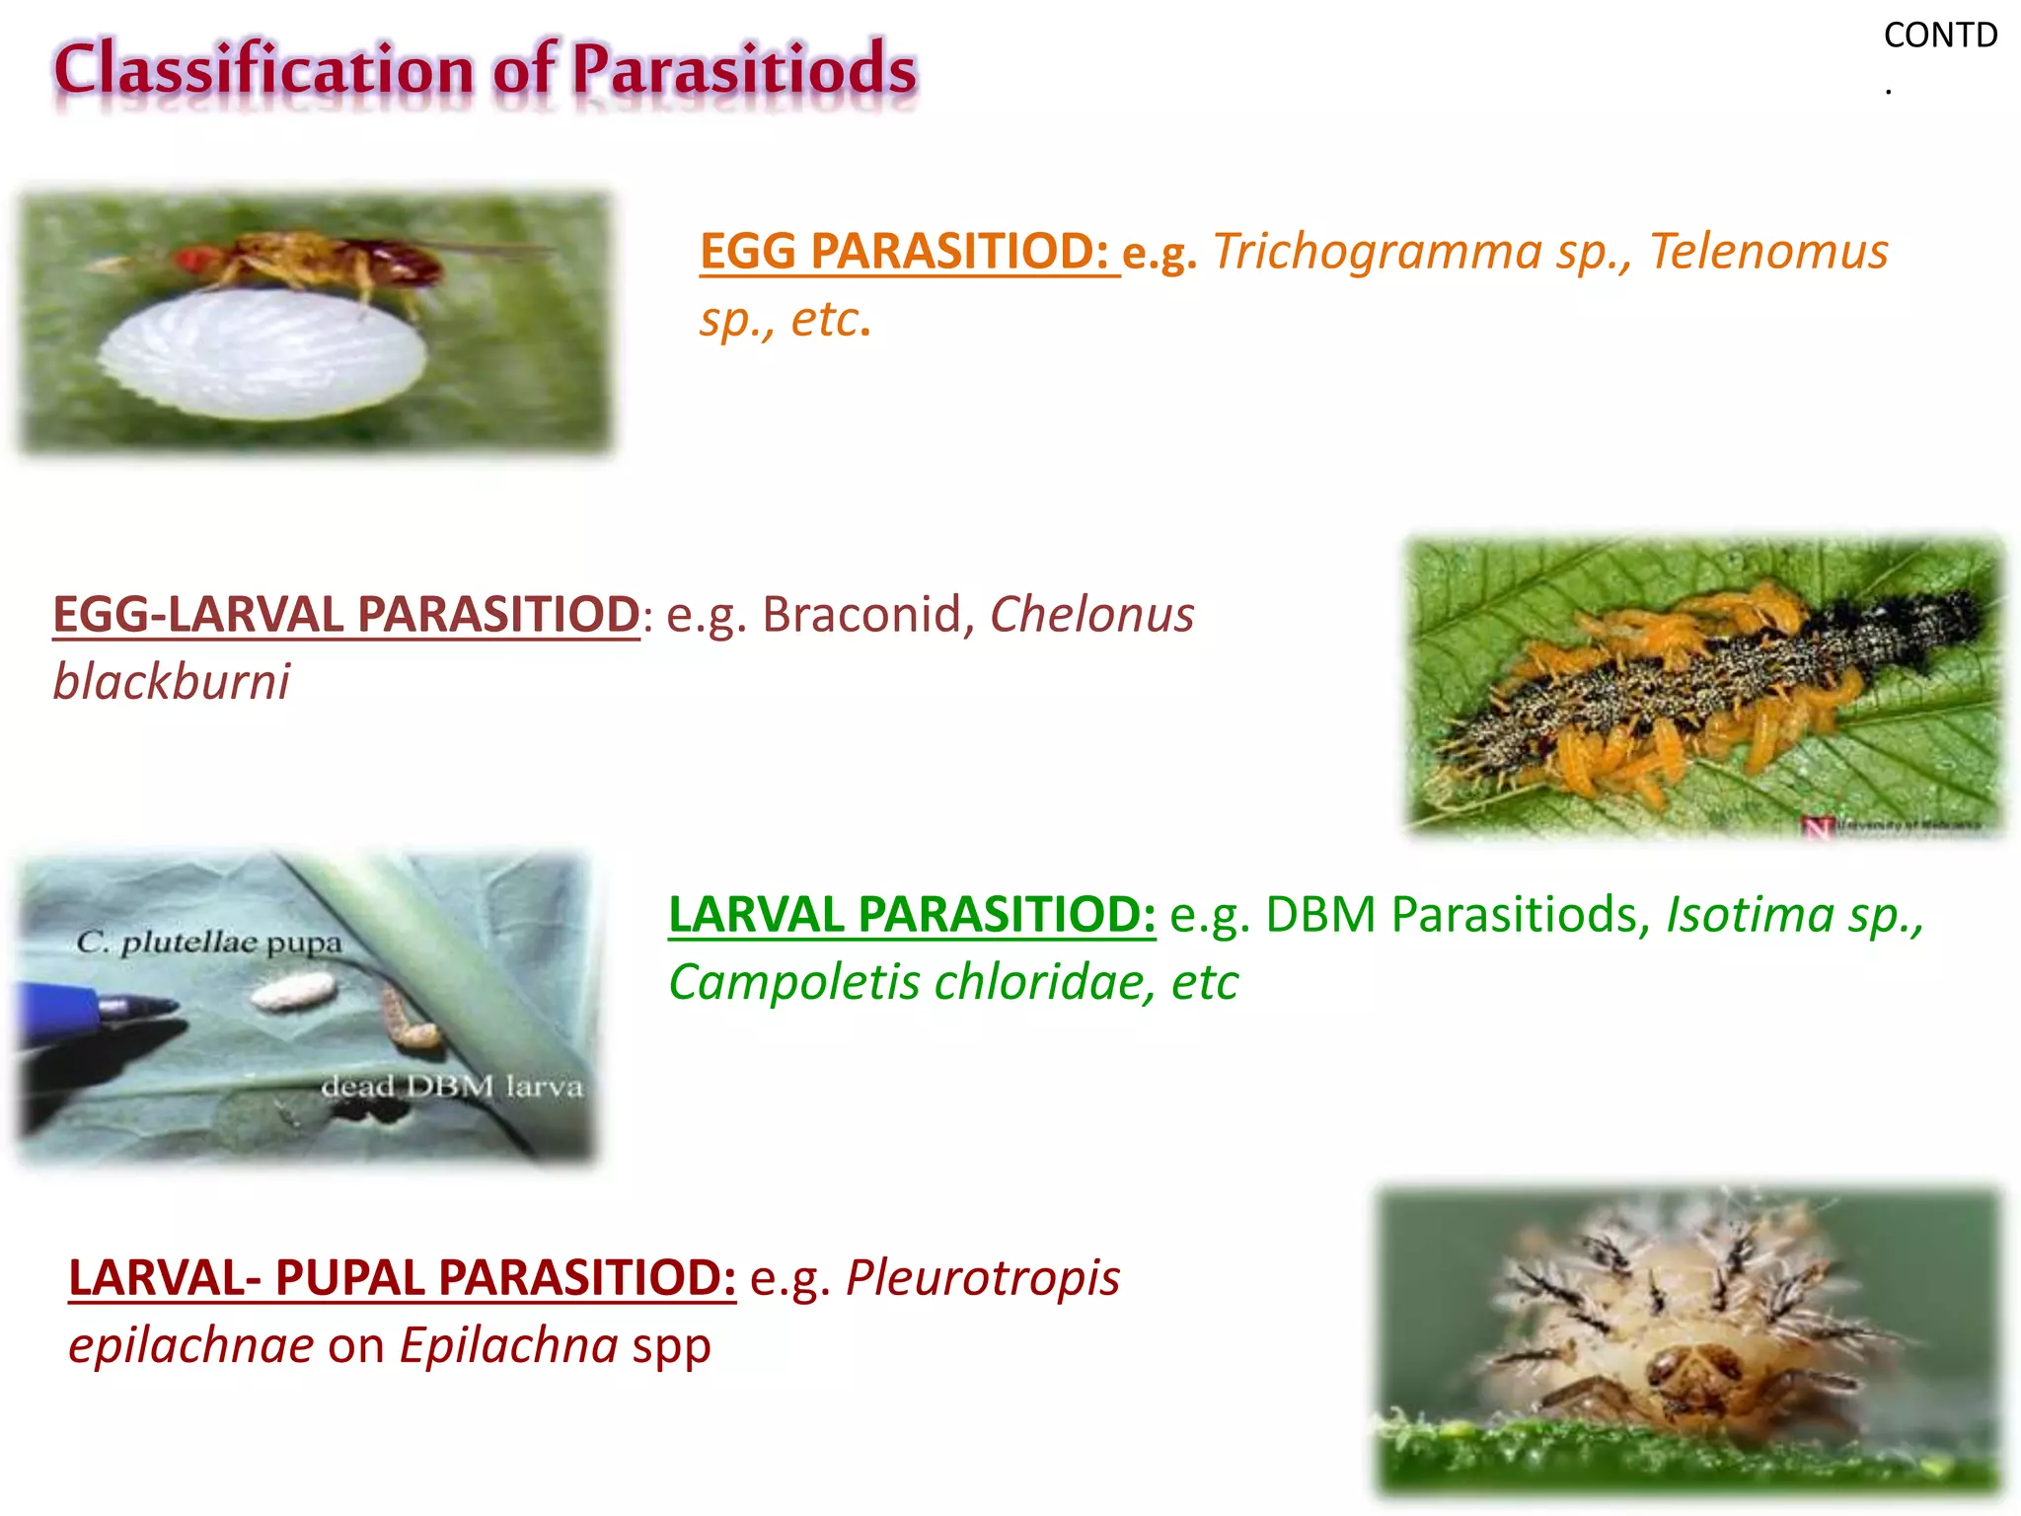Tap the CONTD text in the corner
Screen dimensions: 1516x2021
coord(1939,36)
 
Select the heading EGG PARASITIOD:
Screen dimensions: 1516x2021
coord(908,251)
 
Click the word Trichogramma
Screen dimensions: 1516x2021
coord(1377,251)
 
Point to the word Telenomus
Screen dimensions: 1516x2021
coord(1768,251)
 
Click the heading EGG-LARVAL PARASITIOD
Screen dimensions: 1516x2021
coord(346,614)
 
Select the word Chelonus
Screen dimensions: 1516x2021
coord(1091,614)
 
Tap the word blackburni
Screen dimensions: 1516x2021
coord(172,681)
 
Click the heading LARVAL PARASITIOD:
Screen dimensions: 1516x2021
coord(911,914)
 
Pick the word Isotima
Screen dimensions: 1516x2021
coord(1750,914)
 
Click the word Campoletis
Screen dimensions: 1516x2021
coord(792,981)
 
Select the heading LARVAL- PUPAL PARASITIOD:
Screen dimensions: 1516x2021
coord(402,1277)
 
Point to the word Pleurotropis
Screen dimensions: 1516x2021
coord(983,1277)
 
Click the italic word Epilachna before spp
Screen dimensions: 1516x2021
coord(508,1344)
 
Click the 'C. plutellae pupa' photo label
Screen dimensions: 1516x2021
coord(208,943)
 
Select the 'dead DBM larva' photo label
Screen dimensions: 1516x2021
coord(452,1087)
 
